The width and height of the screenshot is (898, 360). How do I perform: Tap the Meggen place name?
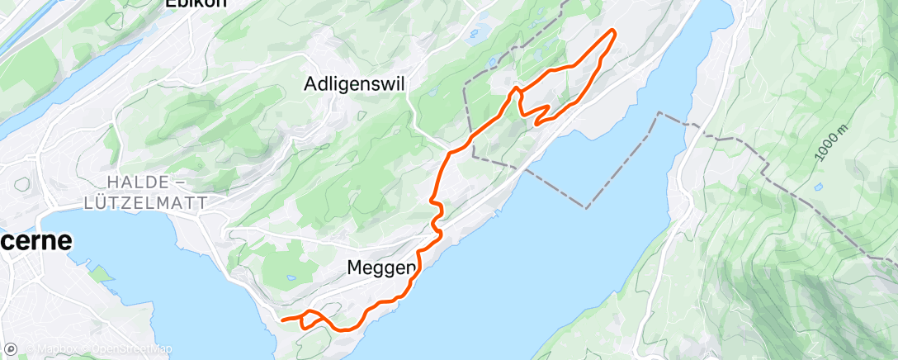[380, 268]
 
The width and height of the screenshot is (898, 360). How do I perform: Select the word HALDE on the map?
[136, 182]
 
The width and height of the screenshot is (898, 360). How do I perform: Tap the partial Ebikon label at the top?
[196, 4]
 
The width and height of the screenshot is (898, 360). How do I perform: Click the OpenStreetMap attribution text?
[131, 350]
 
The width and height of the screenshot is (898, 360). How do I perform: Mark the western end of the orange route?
[282, 320]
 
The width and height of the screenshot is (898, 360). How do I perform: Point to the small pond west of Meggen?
[290, 278]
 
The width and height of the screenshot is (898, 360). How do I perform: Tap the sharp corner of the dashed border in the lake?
[588, 207]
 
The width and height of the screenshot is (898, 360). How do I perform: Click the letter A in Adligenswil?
[310, 83]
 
